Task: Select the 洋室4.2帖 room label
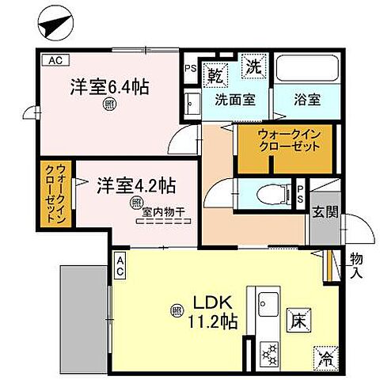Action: pos(136,187)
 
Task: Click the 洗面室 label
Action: pos(235,100)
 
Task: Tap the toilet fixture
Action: pos(268,192)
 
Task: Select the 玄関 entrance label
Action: pos(327,212)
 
